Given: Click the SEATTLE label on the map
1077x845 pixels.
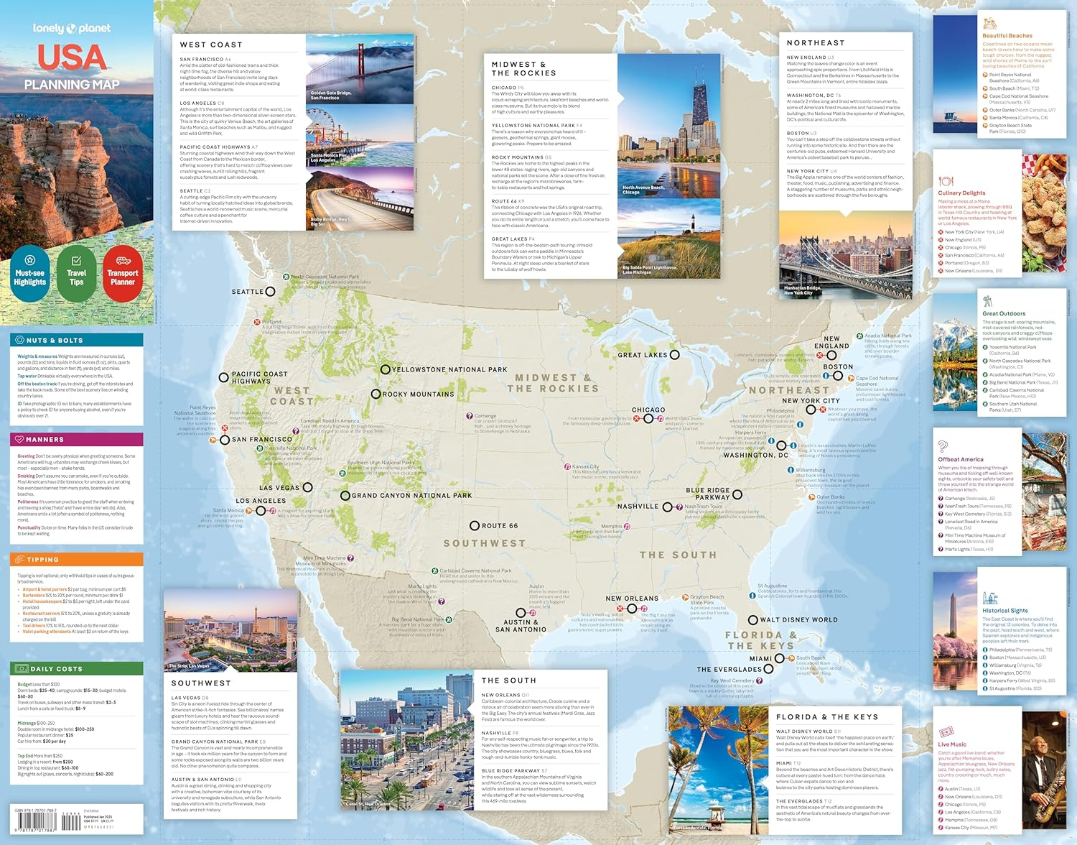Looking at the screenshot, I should [247, 292].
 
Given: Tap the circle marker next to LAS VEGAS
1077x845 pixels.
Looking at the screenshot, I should [307, 487].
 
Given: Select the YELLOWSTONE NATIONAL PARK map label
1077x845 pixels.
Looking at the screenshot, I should [449, 369].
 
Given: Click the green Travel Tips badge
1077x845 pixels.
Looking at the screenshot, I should [76, 276].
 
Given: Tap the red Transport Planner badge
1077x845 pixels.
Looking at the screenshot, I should [123, 276].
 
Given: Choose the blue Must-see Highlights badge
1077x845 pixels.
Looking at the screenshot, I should [30, 276].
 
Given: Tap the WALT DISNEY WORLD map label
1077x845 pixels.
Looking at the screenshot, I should [798, 619].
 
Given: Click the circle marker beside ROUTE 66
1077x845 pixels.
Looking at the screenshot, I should [475, 526].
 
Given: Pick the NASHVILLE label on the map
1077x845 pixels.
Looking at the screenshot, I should [638, 507].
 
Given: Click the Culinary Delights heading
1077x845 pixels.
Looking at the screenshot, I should [961, 193].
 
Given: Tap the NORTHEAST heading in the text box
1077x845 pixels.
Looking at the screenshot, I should [816, 43].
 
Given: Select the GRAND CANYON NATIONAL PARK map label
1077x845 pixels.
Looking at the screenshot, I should [411, 495].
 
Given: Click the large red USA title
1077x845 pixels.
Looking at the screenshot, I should [72, 57].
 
